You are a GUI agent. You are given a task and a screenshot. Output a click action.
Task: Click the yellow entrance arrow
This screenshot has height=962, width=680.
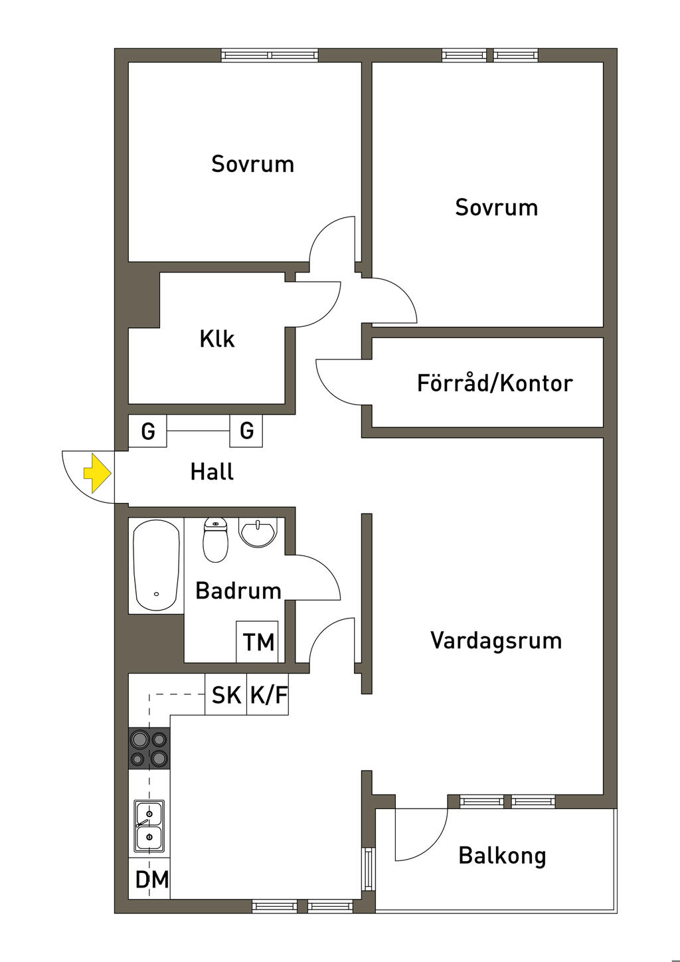pyautogui.click(x=97, y=472)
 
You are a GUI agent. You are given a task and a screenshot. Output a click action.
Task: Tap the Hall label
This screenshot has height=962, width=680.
pyautogui.click(x=212, y=472)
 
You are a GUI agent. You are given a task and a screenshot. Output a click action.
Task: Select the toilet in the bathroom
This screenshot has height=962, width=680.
pyautogui.click(x=215, y=539)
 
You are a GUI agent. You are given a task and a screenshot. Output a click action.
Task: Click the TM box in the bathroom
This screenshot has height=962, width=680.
pyautogui.click(x=258, y=642)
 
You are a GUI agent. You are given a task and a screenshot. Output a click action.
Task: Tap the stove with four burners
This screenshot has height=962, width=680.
pyautogui.click(x=149, y=748)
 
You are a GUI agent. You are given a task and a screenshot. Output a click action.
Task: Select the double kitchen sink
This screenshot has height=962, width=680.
pyautogui.click(x=149, y=826)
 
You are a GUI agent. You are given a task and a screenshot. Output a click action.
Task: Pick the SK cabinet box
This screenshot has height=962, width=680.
pyautogui.click(x=226, y=695)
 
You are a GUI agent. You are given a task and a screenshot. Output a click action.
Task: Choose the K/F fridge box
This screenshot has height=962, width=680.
pyautogui.click(x=268, y=695)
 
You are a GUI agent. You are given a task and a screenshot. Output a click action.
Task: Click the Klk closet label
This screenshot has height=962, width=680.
pyautogui.click(x=216, y=339)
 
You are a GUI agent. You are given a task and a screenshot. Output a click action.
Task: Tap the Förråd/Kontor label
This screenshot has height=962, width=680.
pyautogui.click(x=494, y=383)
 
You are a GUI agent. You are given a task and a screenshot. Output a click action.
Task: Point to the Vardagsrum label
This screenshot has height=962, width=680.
pyautogui.click(x=495, y=640)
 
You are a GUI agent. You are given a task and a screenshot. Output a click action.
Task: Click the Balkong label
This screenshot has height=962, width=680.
pyautogui.click(x=502, y=856)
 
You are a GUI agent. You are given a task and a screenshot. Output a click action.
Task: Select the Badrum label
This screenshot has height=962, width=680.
pyautogui.click(x=238, y=591)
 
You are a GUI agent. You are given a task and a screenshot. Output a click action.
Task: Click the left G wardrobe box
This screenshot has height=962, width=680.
pyautogui.click(x=147, y=431)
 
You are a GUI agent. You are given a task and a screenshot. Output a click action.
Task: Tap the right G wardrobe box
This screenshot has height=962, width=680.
pyautogui.click(x=246, y=431)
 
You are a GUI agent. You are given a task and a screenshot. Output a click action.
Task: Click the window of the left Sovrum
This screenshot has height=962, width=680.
pyautogui.click(x=270, y=55)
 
